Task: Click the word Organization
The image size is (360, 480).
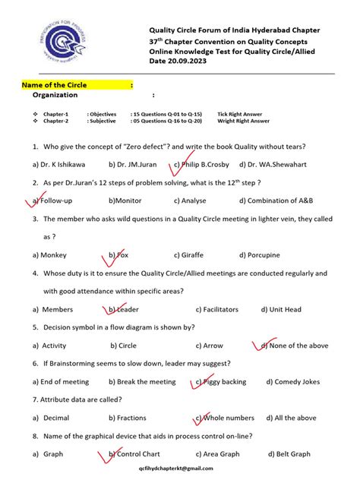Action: (x=55, y=96)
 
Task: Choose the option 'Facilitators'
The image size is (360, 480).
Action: (x=216, y=309)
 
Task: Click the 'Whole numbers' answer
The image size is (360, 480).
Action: (x=229, y=418)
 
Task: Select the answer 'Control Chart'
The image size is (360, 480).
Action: (x=138, y=454)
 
